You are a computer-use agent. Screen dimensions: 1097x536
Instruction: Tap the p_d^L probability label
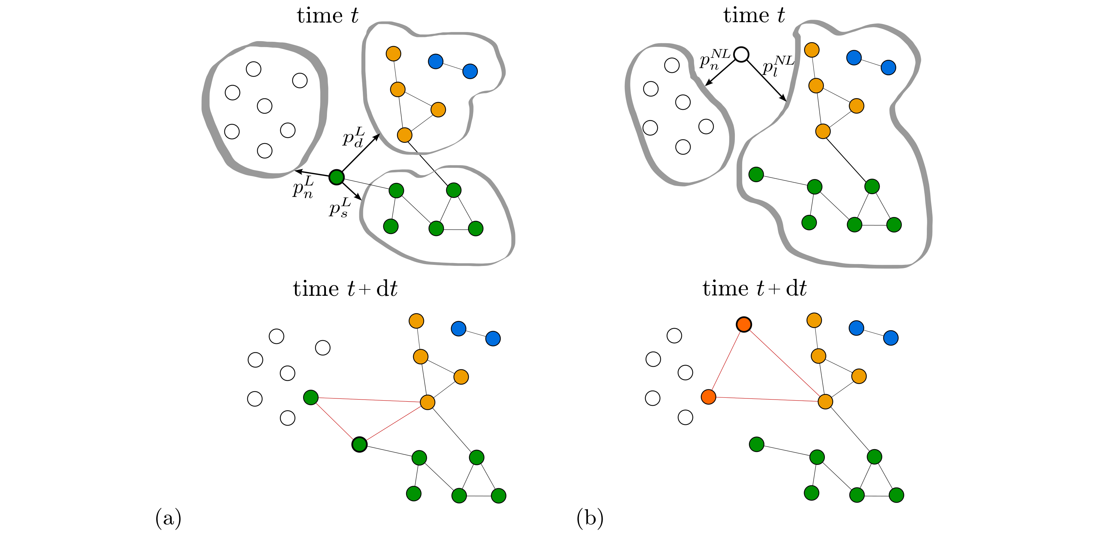[353, 137]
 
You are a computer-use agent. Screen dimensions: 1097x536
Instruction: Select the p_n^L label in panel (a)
[303, 187]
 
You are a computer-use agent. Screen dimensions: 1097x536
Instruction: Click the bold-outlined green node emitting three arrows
[336, 177]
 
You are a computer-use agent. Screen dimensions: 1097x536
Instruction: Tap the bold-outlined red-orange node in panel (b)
[744, 325]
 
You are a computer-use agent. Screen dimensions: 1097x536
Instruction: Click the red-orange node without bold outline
[708, 397]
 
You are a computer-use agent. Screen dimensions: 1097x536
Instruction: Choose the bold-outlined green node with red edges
[359, 445]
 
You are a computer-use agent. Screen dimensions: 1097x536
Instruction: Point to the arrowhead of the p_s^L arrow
[359, 198]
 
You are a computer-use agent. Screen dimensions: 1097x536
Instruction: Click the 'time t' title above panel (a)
[327, 16]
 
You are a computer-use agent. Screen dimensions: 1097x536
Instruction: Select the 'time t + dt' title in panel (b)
[754, 288]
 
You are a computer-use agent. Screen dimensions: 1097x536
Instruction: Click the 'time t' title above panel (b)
[754, 15]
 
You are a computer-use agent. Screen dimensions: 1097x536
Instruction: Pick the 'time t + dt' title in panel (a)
[345, 289]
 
